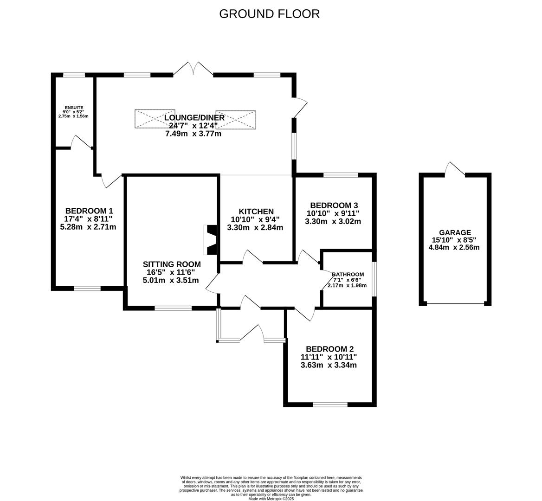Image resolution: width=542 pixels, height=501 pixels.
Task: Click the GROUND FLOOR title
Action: (269, 14)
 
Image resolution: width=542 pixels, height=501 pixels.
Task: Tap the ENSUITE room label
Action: (74, 108)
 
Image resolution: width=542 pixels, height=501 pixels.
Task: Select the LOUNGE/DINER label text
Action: (194, 118)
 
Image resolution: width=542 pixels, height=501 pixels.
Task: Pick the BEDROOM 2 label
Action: (329, 349)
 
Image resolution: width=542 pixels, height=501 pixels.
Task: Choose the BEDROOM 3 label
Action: (334, 206)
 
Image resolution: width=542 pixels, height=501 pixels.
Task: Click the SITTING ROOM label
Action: (172, 264)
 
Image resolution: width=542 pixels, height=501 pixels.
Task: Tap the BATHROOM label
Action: (348, 274)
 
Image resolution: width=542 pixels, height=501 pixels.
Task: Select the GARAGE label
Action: (455, 232)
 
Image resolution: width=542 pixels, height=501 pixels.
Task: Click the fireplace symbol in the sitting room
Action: (211, 240)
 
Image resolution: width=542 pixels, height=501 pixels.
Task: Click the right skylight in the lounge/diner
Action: (236, 119)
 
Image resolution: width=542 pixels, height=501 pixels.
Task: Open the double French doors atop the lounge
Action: (193, 69)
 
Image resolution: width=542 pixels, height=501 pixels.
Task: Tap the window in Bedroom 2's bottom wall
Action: (330, 405)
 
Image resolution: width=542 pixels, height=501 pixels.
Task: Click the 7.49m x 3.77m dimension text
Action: (193, 134)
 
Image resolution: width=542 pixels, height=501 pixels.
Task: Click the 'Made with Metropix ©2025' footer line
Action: (271, 499)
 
